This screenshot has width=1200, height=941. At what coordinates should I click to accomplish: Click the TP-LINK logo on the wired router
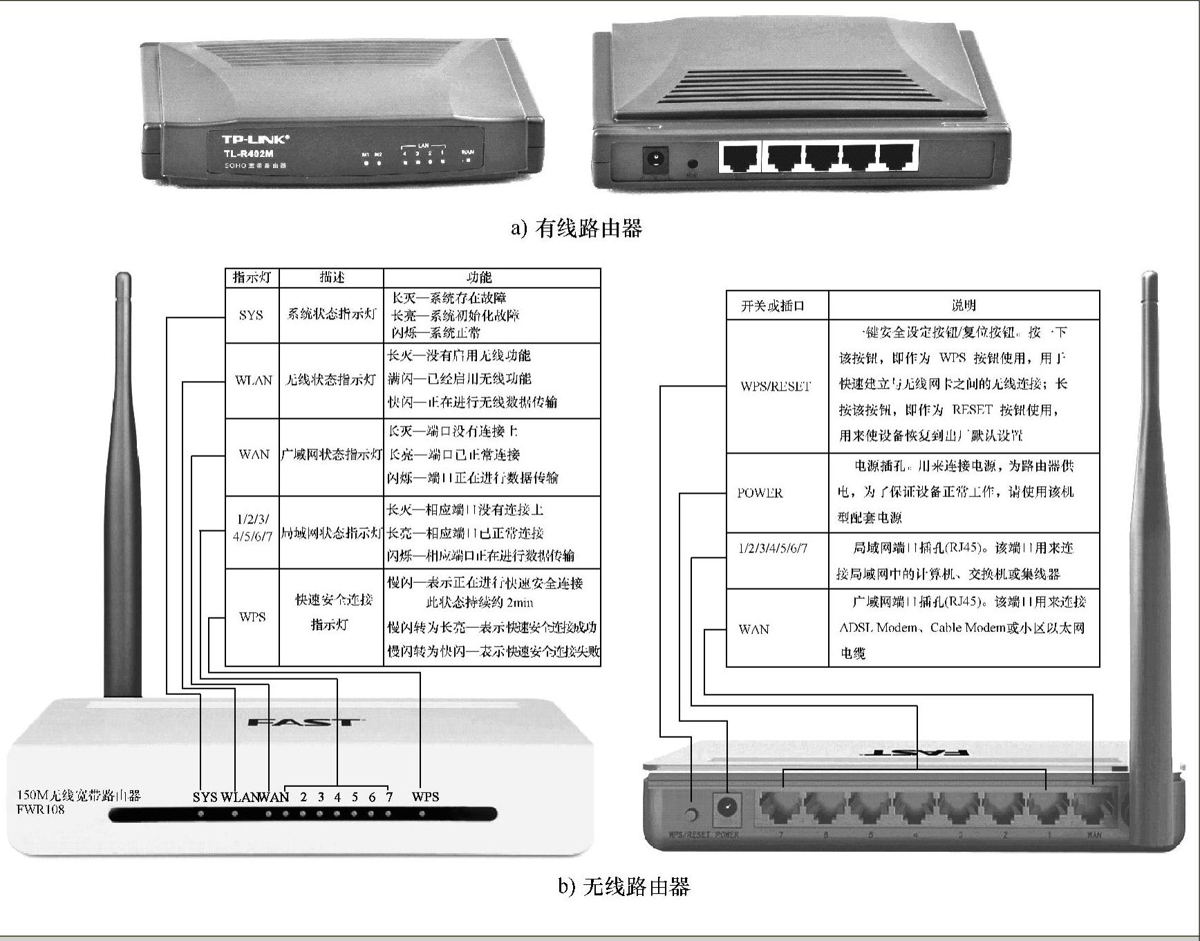(255, 140)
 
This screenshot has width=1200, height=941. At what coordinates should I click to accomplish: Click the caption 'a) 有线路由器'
(576, 228)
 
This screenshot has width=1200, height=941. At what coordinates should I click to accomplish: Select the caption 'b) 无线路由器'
(624, 886)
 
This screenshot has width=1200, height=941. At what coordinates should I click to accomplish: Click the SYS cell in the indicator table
(252, 315)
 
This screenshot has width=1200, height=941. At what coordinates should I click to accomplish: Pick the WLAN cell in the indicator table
(253, 380)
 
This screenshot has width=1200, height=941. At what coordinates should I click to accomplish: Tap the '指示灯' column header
(252, 278)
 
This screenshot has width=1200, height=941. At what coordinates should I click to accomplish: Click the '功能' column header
(479, 278)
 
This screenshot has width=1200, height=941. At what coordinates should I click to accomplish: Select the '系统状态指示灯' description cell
(331, 315)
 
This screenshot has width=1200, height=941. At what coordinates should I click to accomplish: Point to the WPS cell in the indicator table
(252, 617)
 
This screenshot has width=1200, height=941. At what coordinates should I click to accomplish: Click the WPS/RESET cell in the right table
(776, 386)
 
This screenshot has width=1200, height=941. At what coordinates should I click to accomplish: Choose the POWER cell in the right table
(760, 493)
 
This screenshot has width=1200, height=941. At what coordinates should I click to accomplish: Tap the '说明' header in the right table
(964, 305)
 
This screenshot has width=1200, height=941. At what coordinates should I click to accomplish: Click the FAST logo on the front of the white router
(303, 723)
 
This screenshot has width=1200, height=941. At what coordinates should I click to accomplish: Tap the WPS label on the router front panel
(425, 796)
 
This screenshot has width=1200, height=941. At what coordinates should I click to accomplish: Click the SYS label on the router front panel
(205, 796)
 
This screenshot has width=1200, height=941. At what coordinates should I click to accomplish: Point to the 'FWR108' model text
(41, 810)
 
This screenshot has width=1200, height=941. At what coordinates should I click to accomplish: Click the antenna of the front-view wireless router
(122, 484)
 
